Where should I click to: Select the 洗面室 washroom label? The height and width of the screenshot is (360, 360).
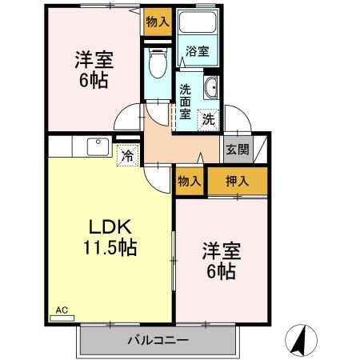[185, 102]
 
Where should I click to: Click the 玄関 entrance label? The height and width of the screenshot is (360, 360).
[237, 149]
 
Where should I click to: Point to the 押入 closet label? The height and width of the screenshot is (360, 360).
[238, 182]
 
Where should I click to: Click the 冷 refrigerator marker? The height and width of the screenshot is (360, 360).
[127, 156]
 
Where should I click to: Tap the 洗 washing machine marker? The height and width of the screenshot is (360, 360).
[208, 119]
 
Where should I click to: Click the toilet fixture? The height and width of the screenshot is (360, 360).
[157, 62]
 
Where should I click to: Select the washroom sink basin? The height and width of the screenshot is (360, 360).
[212, 88]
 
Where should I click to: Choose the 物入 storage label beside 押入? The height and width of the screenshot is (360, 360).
[190, 182]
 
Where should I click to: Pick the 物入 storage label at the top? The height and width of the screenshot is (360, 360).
[157, 22]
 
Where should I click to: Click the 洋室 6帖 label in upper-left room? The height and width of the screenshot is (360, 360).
[94, 70]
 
